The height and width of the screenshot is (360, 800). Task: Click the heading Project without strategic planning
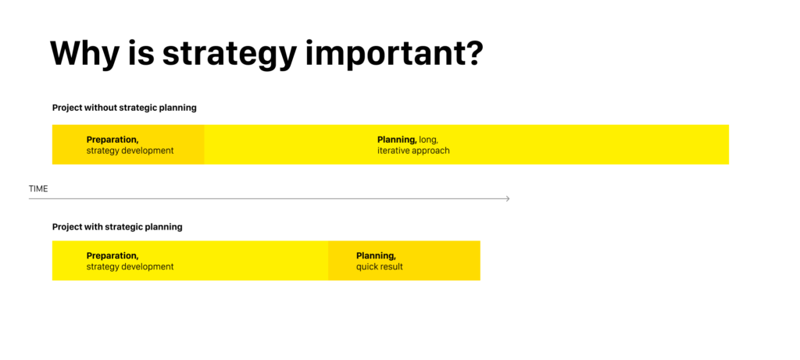click(124, 108)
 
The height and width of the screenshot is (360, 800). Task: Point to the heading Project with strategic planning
click(117, 227)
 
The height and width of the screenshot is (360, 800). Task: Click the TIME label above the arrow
click(38, 189)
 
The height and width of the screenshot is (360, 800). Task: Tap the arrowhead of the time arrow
click(508, 198)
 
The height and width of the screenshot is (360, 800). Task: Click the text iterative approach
click(414, 151)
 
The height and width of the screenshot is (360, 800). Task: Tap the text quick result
click(380, 267)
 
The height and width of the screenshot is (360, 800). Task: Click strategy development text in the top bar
click(130, 151)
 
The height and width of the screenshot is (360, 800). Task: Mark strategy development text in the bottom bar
click(130, 267)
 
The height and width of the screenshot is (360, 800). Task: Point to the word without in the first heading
click(101, 108)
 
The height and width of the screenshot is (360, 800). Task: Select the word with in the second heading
click(94, 227)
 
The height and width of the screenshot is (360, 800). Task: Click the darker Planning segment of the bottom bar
click(404, 261)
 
